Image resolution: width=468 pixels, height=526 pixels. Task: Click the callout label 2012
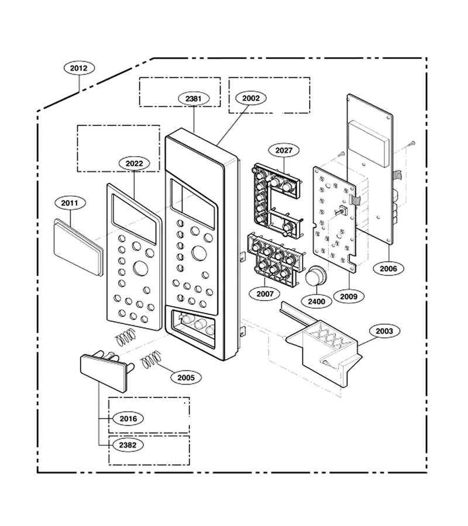tap(79, 68)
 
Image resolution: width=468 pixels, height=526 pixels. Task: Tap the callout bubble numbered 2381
tap(194, 99)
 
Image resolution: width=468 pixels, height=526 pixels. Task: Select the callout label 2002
tap(251, 98)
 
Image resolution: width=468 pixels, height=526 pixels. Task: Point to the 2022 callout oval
tap(135, 164)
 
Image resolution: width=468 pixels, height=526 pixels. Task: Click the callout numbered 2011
tap(70, 203)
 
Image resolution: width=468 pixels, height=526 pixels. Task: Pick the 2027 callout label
tap(284, 150)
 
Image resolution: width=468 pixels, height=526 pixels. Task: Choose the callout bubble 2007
tap(265, 294)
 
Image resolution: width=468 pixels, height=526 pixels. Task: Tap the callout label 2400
tap(316, 301)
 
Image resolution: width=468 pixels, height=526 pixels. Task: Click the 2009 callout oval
tap(349, 296)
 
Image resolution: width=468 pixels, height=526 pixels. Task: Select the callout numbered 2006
tap(388, 268)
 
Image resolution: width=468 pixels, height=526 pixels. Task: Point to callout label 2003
tap(384, 331)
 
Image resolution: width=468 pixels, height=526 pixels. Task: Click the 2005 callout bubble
tap(186, 378)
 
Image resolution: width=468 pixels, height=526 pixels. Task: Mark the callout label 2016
tap(128, 418)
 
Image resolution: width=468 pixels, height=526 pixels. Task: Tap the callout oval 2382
tap(128, 445)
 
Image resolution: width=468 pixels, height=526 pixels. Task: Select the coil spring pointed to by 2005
tap(150, 359)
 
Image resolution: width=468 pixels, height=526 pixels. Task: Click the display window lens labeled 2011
tap(78, 248)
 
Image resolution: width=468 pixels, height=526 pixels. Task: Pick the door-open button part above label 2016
tap(106, 370)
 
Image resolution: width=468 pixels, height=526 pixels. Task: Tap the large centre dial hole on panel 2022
tap(140, 269)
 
